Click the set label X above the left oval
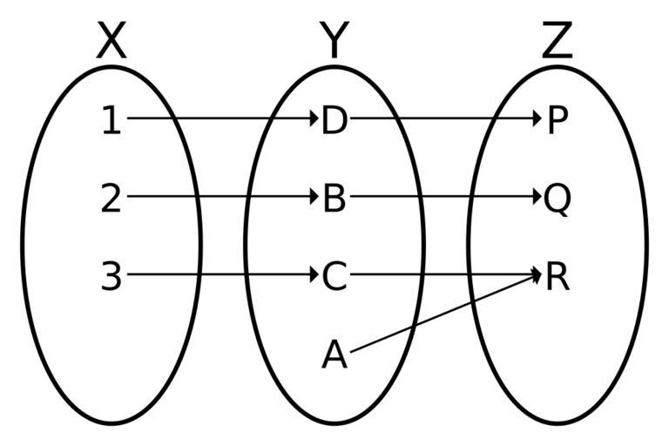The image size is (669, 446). point(111,42)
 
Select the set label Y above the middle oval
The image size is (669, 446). point(334,42)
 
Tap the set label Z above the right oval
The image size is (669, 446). point(557,42)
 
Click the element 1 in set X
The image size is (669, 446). point(111,120)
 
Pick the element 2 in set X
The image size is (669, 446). point(111,199)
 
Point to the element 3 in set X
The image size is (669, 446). point(111,277)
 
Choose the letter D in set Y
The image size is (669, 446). point(334,120)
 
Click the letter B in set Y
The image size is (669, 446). point(334,199)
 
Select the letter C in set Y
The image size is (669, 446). point(334,277)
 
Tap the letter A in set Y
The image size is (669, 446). point(334,355)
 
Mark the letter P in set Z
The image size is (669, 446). point(557,120)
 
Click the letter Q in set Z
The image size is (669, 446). point(557,199)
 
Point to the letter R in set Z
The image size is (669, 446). point(557,277)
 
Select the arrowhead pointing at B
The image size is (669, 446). point(314,197)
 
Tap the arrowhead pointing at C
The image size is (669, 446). point(314,275)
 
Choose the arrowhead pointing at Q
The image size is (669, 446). point(537,197)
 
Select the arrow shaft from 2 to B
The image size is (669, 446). point(218,197)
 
